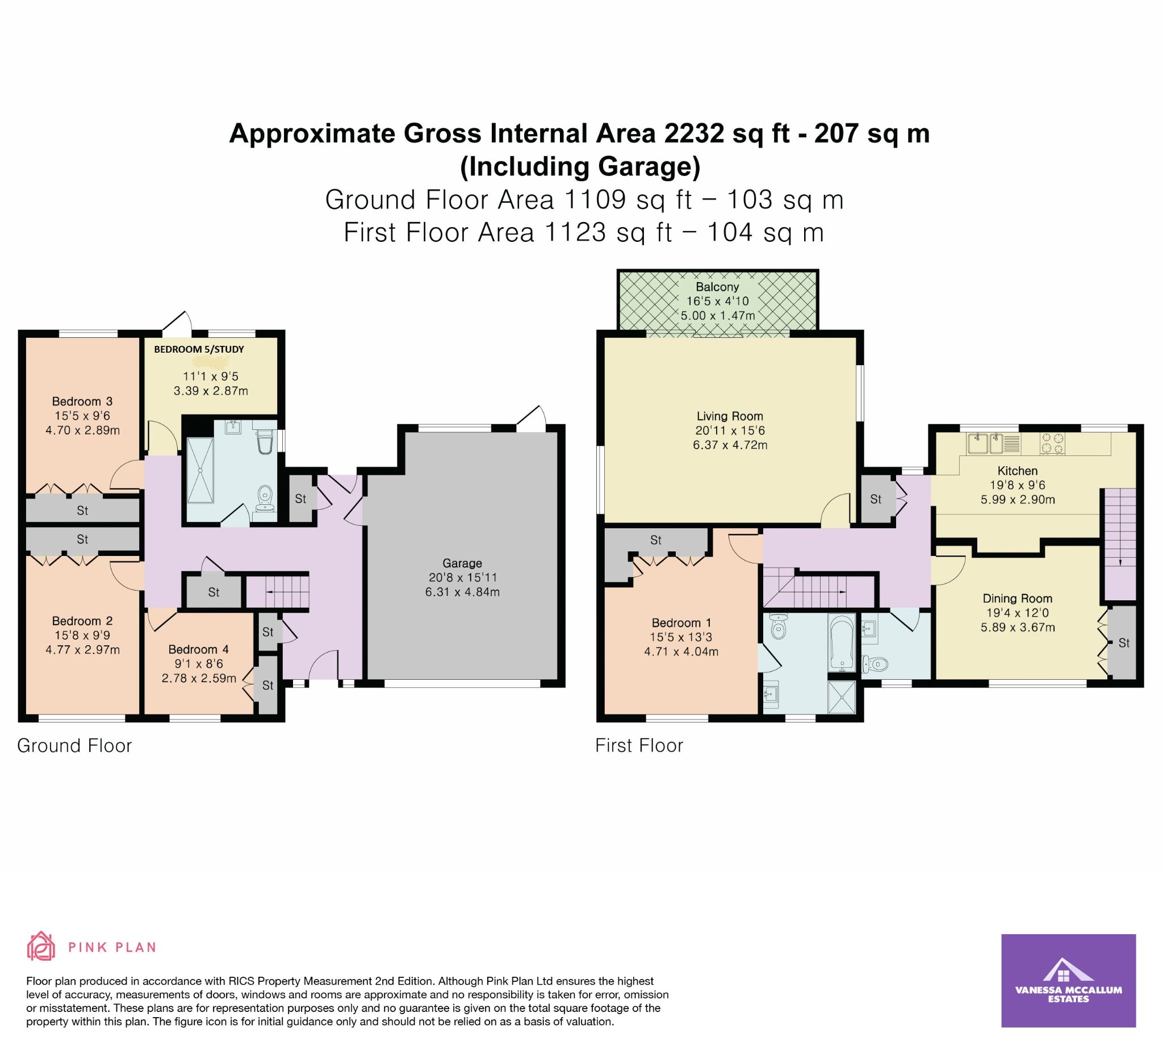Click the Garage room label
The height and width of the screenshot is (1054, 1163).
coord(462,563)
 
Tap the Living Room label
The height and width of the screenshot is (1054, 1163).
coord(730,416)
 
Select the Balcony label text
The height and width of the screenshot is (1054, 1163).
coord(717,287)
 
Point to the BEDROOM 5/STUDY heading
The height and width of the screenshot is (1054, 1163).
coord(199,350)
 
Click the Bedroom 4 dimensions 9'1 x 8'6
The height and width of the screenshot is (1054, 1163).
coord(199,664)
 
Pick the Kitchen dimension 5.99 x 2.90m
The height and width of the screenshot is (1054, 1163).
coord(1018,500)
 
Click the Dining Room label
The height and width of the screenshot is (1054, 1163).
coord(1018,599)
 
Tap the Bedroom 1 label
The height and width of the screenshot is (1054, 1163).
coord(681,623)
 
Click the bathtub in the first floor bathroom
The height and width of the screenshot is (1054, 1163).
coord(841,643)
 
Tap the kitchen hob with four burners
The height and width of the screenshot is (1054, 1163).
coord(1052,444)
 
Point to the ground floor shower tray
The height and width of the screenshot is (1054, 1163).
coord(199,470)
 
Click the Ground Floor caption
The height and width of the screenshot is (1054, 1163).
coord(74,746)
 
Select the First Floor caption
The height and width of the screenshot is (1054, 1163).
coord(639,746)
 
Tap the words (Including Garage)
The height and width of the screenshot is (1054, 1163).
coord(580,167)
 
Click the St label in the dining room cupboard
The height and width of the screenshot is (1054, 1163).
coord(1124,643)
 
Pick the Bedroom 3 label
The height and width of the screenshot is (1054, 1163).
coord(82,401)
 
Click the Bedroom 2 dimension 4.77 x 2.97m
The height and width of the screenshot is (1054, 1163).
coord(82,650)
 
